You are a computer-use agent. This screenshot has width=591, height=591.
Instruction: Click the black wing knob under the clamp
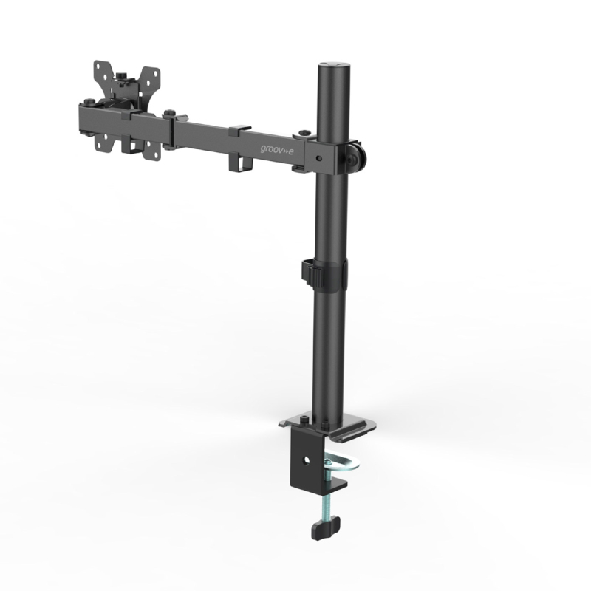click(x=325, y=527)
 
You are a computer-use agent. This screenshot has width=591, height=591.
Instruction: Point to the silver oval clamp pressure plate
click(x=341, y=463)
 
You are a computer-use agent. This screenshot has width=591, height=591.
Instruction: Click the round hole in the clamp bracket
click(x=306, y=460)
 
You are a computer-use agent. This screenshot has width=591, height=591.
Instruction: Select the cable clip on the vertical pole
click(x=312, y=273)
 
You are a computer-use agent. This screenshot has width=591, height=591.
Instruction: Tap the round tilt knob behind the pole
click(x=357, y=155)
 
